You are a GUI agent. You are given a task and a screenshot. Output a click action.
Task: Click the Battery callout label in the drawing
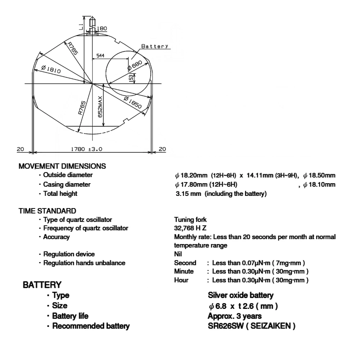(x=154, y=46)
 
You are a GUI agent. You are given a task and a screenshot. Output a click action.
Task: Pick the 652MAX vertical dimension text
(x=100, y=108)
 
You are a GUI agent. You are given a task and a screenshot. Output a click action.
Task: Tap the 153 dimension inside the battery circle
(x=131, y=78)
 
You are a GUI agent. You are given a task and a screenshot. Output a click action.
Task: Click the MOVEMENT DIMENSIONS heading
(x=63, y=166)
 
